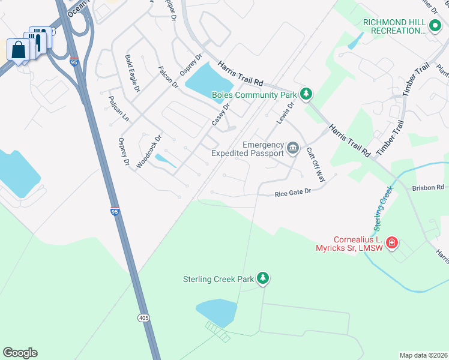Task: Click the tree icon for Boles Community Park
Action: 306,94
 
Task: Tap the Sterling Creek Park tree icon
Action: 262,278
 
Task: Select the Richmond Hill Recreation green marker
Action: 435,26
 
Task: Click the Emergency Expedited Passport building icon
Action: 293,148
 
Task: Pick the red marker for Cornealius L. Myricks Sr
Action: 391,242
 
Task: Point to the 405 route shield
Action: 143,317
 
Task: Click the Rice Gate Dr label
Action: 293,193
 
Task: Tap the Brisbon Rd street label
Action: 427,188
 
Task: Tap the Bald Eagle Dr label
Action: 132,74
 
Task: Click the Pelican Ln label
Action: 118,108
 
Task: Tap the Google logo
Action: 20,353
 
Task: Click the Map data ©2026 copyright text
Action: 423,355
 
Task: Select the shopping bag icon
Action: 18,49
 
